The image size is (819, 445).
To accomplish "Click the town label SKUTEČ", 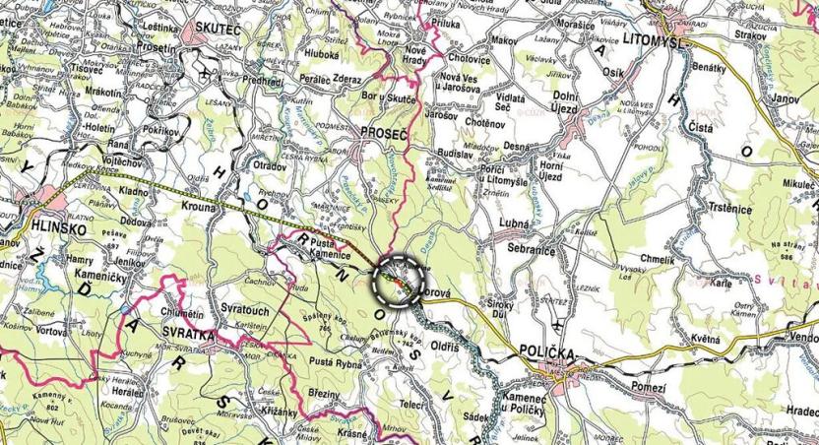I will (219, 30).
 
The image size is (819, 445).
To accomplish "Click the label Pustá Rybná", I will (336, 363).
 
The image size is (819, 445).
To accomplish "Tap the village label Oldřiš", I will (447, 348).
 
